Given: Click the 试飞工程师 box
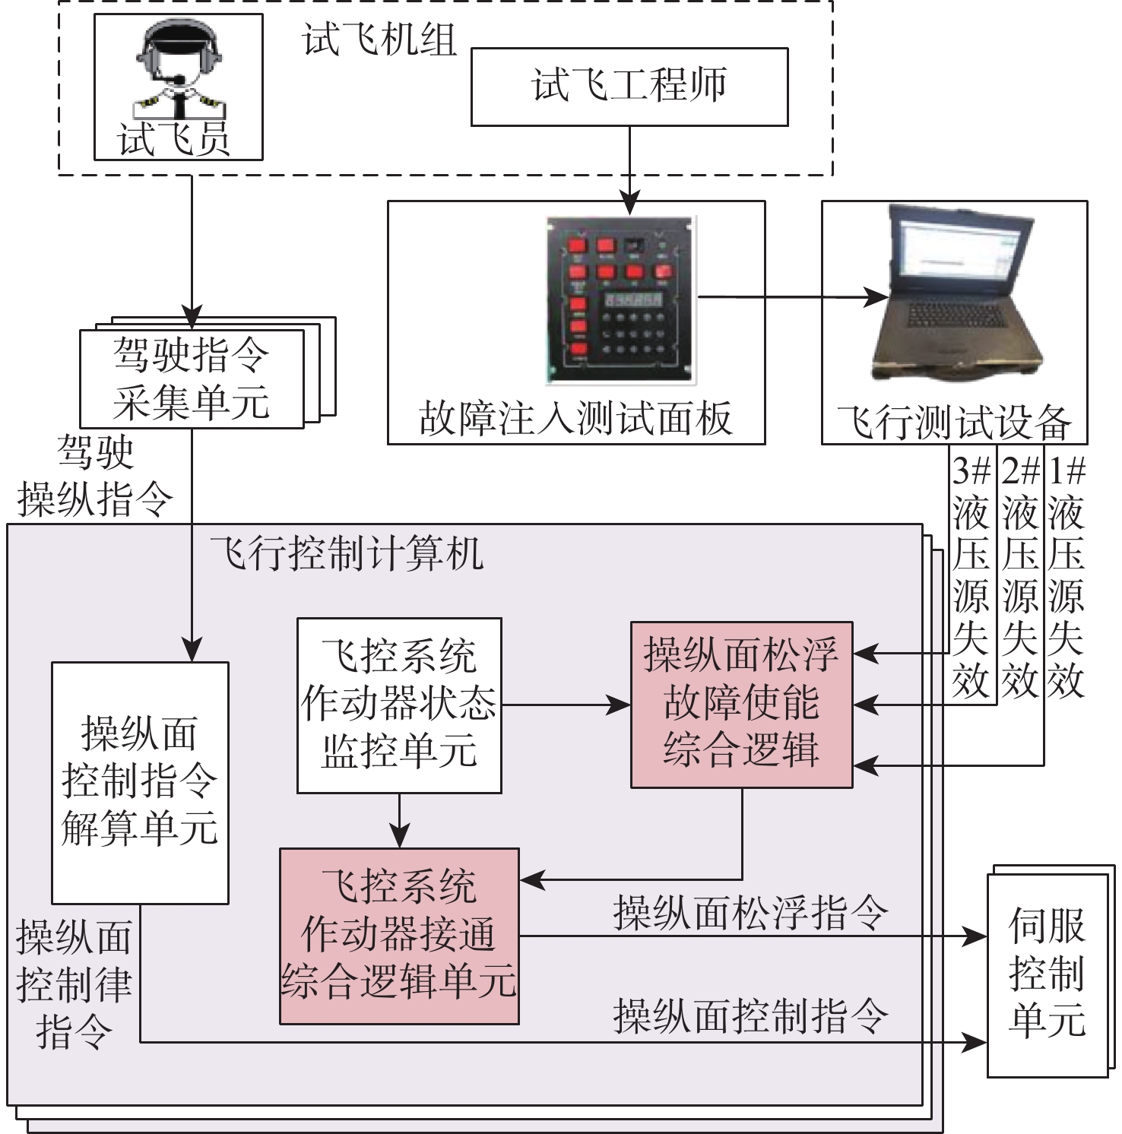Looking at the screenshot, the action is click(x=629, y=87).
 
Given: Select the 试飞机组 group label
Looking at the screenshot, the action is click(x=380, y=40).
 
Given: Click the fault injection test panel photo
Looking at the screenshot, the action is click(x=620, y=299).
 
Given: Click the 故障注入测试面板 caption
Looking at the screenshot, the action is click(x=575, y=418).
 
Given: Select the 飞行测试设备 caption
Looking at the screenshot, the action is click(x=954, y=423).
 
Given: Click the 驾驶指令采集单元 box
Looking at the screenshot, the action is click(x=192, y=379).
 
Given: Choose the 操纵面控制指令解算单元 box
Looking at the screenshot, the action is click(x=140, y=783).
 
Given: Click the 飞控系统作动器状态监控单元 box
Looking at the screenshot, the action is click(x=399, y=705).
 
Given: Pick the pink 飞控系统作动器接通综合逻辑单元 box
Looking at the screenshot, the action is click(x=399, y=936).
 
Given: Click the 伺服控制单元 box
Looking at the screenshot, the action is click(x=1047, y=975).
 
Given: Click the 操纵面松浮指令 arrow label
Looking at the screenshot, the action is click(x=750, y=912).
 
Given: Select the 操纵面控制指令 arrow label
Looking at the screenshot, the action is click(x=750, y=1015).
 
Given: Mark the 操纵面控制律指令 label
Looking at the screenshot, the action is click(x=74, y=985).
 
